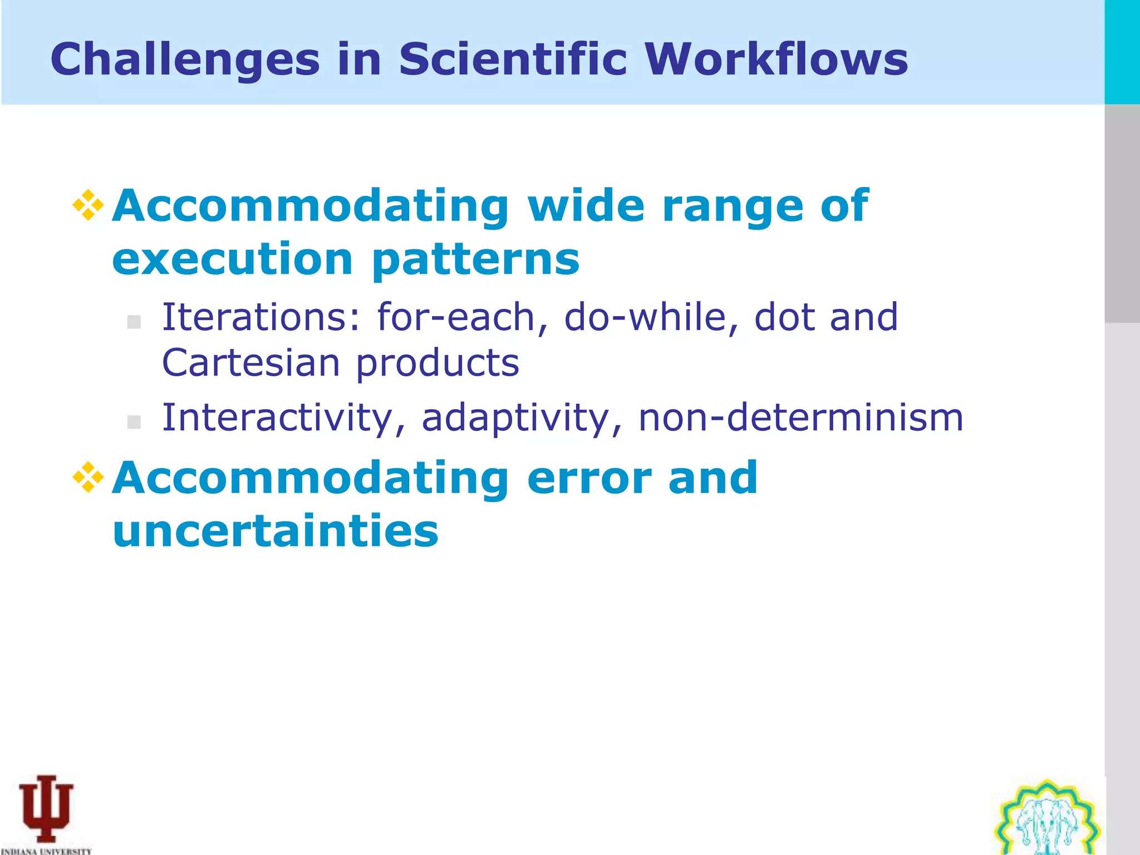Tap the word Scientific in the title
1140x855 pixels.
pyautogui.click(x=513, y=59)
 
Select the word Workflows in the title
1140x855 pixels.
pyautogui.click(x=776, y=59)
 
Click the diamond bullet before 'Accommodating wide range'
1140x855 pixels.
pyautogui.click(x=89, y=205)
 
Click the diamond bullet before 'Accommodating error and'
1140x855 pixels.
pyautogui.click(x=89, y=478)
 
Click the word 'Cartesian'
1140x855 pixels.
pyautogui.click(x=250, y=363)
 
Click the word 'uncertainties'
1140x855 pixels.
pyautogui.click(x=276, y=531)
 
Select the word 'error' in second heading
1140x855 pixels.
pyautogui.click(x=589, y=479)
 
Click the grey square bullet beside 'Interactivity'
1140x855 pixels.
pyautogui.click(x=134, y=422)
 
